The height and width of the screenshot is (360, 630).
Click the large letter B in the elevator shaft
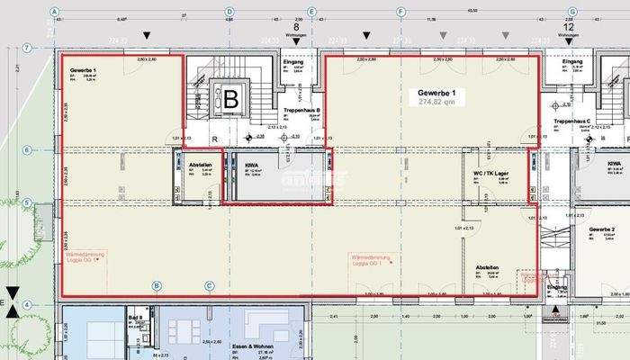[230, 99]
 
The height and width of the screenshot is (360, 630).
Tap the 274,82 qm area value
[437, 103]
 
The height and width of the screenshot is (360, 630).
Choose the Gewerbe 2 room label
[602, 230]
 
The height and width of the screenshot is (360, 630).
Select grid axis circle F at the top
[400, 13]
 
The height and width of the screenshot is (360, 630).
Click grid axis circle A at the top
[55, 13]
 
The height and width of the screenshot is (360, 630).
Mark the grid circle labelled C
[209, 286]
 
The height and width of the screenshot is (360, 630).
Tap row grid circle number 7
[28, 48]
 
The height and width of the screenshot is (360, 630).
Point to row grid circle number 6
[28, 149]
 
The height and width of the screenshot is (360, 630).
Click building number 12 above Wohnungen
[568, 27]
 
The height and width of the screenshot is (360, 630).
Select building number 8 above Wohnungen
[296, 27]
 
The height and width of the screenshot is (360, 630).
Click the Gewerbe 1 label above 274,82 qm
[436, 93]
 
